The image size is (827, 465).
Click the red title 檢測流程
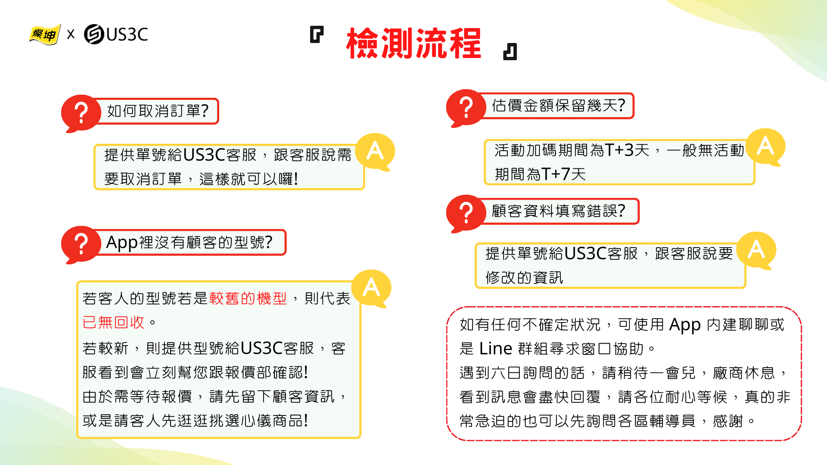[413, 43]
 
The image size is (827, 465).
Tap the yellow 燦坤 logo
[45, 34]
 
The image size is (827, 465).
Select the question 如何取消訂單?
[158, 111]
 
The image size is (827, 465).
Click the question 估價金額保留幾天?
[558, 105]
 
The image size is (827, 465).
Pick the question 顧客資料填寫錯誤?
[558, 211]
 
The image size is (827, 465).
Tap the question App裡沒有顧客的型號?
[190, 242]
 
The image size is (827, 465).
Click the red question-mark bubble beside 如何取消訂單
[81, 113]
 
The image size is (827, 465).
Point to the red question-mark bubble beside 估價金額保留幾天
[466, 108]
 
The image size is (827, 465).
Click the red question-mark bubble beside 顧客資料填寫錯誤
[466, 214]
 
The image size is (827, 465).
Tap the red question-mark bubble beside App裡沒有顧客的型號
[81, 245]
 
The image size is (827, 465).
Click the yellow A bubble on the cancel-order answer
[375, 152]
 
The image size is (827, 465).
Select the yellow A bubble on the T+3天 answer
[765, 147]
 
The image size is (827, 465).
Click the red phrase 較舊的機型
[248, 298]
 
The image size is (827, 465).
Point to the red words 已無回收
[114, 322]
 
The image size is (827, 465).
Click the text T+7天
[564, 174]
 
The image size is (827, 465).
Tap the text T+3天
[627, 150]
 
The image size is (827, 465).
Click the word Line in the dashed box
[496, 349]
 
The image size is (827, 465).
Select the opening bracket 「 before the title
[317, 34]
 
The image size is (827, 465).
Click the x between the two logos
[71, 34]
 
